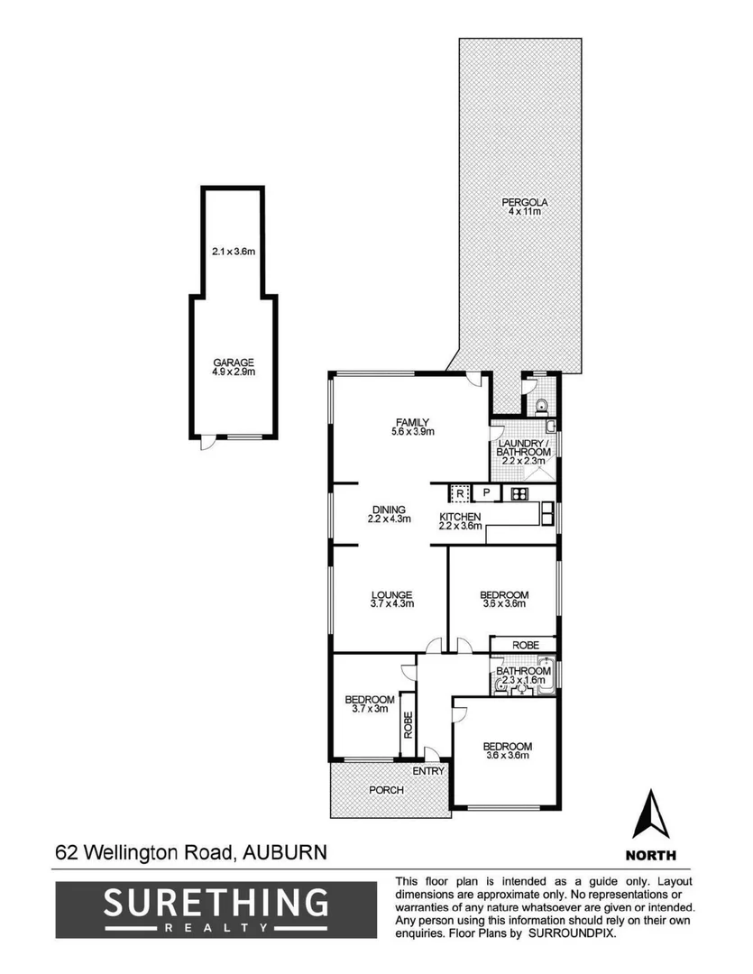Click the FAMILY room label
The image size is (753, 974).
pyautogui.click(x=414, y=422)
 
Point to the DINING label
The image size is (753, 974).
pyautogui.click(x=389, y=509)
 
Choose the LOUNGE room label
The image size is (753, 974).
pyautogui.click(x=391, y=595)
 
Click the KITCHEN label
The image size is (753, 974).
pyautogui.click(x=460, y=517)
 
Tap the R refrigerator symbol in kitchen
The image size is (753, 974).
pyautogui.click(x=459, y=493)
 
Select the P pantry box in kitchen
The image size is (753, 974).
pyautogui.click(x=486, y=493)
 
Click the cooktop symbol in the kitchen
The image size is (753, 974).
pyautogui.click(x=519, y=493)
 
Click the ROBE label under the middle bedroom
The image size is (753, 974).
pyautogui.click(x=525, y=646)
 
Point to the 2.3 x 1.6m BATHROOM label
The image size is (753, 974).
pyautogui.click(x=525, y=672)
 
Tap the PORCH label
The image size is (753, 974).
pyautogui.click(x=387, y=790)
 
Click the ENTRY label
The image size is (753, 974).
pyautogui.click(x=428, y=772)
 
